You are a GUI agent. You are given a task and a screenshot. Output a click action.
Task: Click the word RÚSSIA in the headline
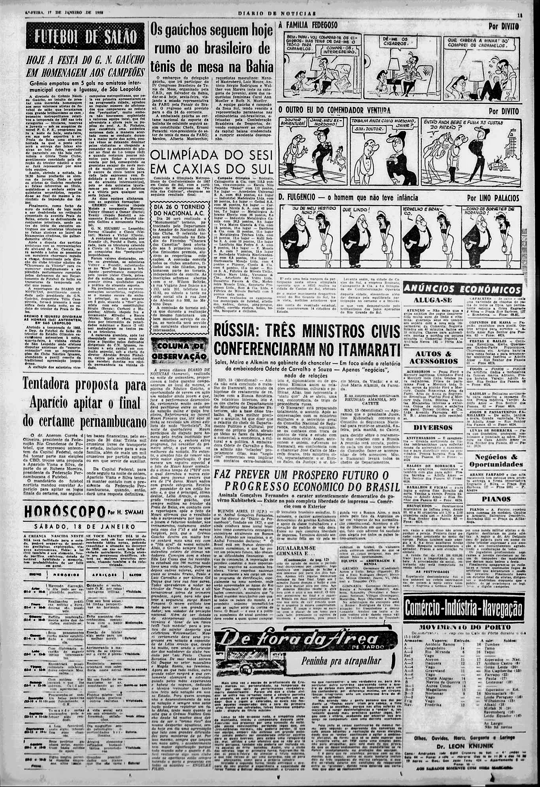(242, 330)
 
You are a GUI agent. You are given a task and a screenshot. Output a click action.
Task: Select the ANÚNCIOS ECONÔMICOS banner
(462, 288)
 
